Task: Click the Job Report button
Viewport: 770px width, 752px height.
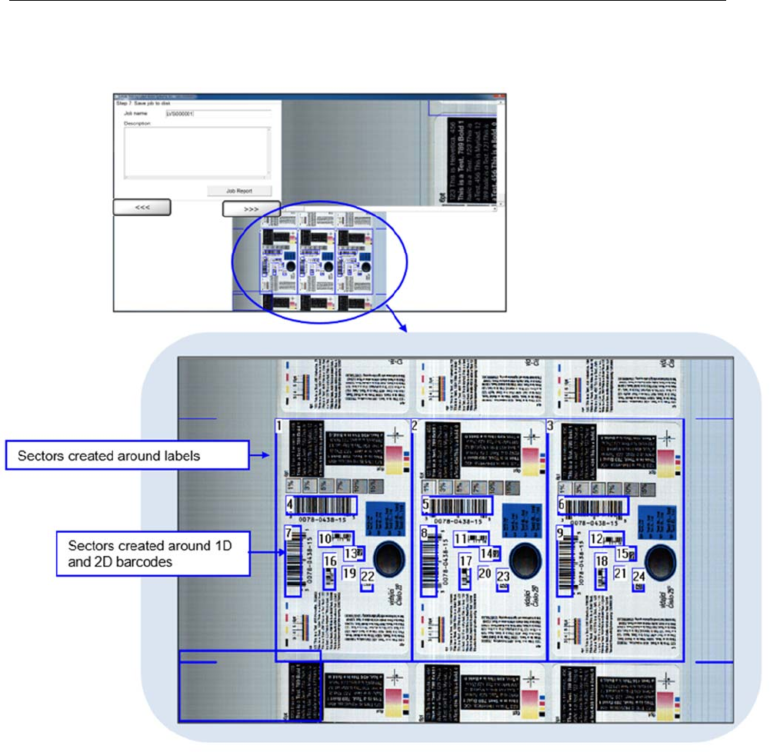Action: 238,191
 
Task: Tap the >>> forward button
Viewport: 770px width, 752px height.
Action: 252,208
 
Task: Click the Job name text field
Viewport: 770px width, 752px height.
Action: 218,114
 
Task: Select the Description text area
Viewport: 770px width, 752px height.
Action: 198,152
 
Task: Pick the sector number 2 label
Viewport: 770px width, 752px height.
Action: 415,426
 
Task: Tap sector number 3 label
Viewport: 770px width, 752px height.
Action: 550,426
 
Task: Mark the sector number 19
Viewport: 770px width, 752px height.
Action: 350,572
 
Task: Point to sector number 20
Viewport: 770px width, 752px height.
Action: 485,572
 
